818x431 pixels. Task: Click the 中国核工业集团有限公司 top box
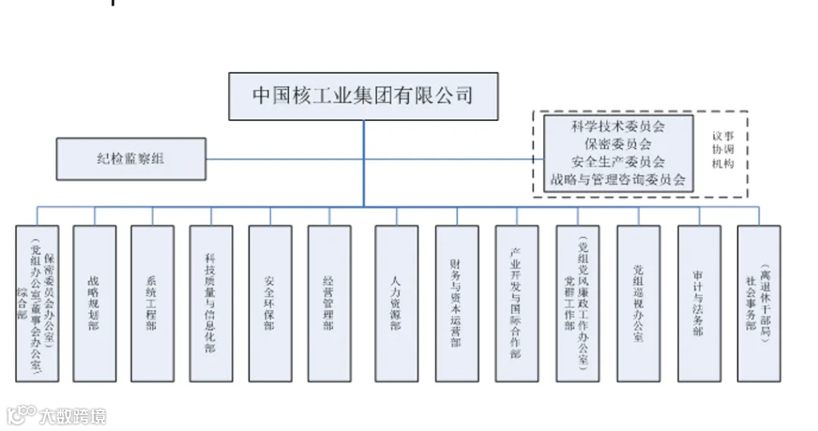364,96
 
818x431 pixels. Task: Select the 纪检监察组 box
131,159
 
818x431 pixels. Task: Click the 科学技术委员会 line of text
617,126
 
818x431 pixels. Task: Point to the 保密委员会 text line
617,144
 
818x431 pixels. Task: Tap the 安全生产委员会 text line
617,162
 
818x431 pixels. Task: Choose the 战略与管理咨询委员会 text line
617,180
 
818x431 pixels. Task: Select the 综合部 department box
37,303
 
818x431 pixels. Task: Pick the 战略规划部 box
95,303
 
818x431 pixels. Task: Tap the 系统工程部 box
152,303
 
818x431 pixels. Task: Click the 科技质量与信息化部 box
211,303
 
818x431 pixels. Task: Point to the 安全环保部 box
270,303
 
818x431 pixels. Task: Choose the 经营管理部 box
329,303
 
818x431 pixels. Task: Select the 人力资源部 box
396,303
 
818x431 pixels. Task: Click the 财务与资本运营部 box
456,303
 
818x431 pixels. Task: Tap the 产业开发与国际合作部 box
516,303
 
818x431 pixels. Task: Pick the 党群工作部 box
576,303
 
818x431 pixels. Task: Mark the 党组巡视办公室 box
638,303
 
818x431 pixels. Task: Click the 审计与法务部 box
698,303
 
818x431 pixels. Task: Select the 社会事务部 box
758,303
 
